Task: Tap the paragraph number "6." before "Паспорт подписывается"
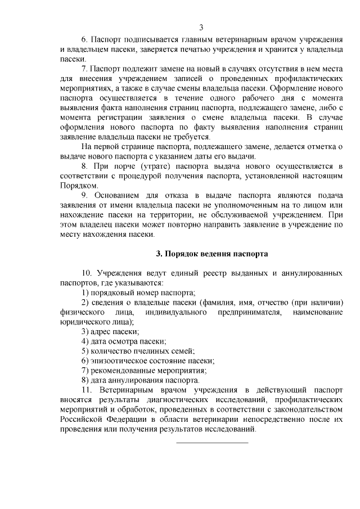(x=85, y=42)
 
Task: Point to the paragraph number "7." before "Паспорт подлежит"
(x=85, y=69)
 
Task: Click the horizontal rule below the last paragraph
(x=213, y=442)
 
